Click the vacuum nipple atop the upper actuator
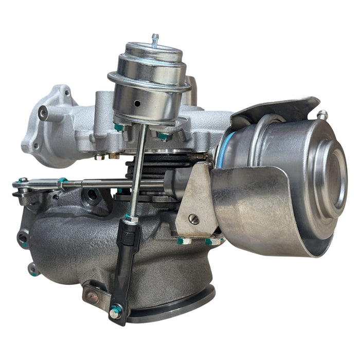[155, 40]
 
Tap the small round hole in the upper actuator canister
[137, 103]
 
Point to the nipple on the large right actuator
[323, 114]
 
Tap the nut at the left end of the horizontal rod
[22, 181]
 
